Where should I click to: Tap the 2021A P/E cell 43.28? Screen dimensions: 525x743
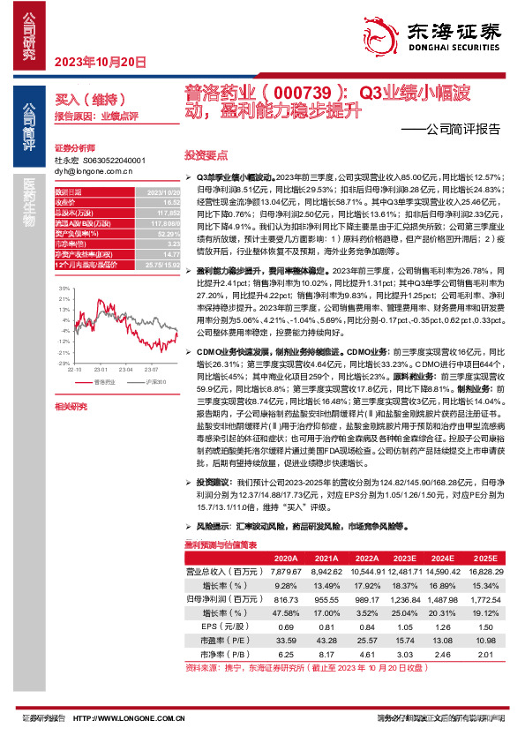coord(326,640)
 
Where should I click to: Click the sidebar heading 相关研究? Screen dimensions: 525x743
coord(71,406)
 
